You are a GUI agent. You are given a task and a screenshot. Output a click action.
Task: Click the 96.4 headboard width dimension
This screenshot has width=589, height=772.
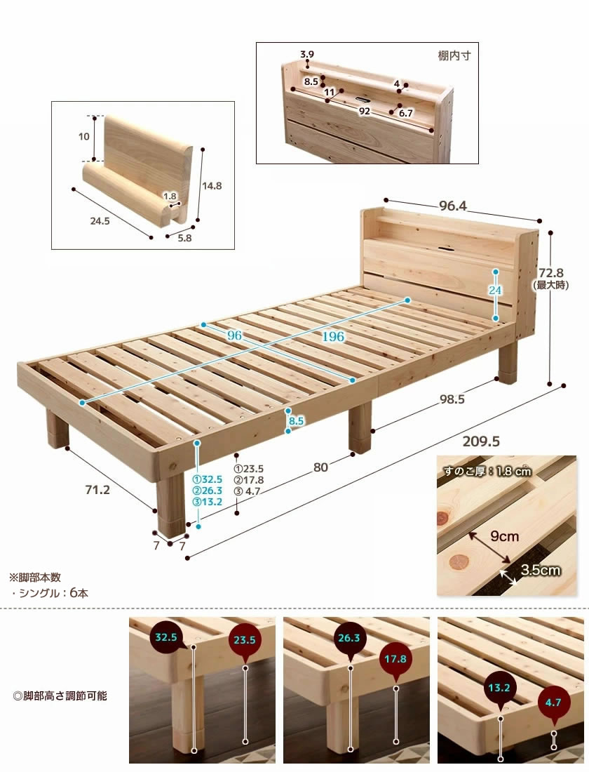tap(453, 206)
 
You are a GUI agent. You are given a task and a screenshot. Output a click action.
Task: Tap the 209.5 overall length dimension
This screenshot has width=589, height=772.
tap(481, 441)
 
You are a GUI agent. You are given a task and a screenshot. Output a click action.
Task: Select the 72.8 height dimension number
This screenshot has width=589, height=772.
tap(550, 273)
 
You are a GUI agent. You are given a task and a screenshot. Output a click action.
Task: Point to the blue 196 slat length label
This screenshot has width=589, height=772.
tap(333, 337)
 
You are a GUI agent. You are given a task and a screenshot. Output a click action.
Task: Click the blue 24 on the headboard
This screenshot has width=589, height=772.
tap(495, 291)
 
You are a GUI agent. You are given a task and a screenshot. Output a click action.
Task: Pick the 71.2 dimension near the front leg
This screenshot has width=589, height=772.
tap(97, 490)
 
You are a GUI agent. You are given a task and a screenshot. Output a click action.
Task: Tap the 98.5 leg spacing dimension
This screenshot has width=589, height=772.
tap(452, 399)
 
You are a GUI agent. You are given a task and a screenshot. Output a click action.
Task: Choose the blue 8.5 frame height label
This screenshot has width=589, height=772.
tap(296, 421)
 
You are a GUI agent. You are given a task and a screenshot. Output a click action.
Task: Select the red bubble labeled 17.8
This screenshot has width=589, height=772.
tap(395, 660)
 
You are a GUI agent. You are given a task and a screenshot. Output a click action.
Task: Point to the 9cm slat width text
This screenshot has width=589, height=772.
tap(504, 535)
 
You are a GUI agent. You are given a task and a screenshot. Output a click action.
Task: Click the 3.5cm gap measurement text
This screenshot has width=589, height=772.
tap(541, 570)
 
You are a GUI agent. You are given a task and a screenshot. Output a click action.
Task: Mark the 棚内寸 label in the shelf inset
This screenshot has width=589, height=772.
tap(454, 55)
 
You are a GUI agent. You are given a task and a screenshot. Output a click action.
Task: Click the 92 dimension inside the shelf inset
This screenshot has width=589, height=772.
tap(364, 112)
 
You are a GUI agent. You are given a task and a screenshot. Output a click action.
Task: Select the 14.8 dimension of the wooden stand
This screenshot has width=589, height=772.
tap(212, 186)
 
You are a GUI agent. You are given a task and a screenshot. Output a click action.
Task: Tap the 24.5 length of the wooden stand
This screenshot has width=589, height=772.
tap(100, 221)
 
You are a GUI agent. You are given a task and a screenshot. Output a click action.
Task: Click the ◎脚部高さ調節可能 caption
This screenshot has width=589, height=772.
tap(60, 696)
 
